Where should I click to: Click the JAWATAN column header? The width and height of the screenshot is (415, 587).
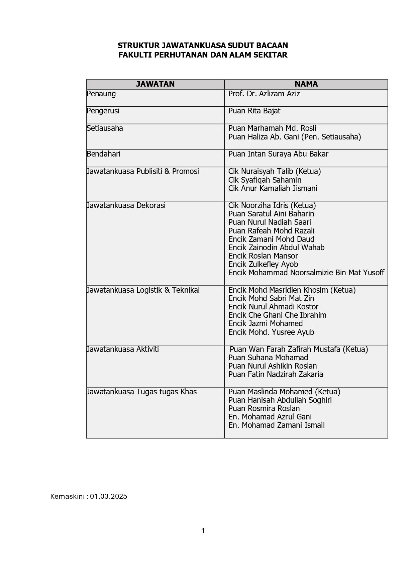[x=155, y=84]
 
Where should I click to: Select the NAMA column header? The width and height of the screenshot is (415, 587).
[x=306, y=84]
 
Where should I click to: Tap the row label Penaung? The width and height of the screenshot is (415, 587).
[x=101, y=94]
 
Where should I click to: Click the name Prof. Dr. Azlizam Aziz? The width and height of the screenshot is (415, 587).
[x=264, y=94]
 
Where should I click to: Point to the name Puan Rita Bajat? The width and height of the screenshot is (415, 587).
[x=254, y=111]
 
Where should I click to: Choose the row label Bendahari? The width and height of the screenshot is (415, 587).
[x=103, y=154]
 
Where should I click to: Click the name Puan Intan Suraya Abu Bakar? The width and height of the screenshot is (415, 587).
[x=278, y=154]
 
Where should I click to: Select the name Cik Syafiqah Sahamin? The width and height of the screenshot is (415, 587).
[x=265, y=180]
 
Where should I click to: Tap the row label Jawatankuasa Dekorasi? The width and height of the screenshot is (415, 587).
[x=126, y=205]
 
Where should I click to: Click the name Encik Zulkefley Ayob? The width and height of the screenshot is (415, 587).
[x=263, y=265]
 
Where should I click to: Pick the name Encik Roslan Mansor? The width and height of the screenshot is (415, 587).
[x=263, y=256]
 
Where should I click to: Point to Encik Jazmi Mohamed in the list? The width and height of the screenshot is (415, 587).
[x=266, y=324]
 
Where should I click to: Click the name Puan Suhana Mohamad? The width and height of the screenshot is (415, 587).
[x=268, y=358]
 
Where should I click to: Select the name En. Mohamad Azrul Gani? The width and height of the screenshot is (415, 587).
[x=270, y=417]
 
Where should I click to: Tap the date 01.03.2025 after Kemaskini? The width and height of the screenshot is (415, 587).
[x=108, y=496]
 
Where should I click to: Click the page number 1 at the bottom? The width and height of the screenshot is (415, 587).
[x=203, y=531]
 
